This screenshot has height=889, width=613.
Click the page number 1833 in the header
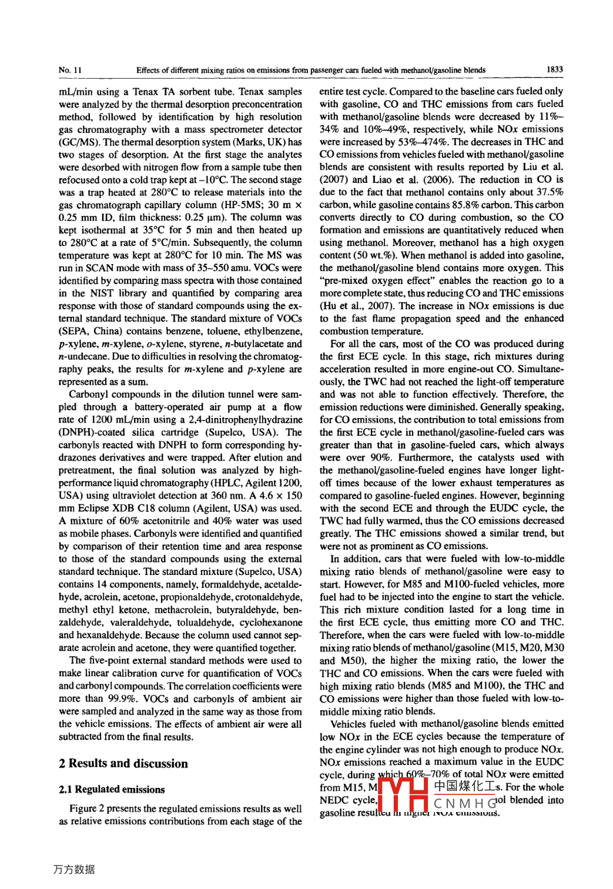[x=554, y=69]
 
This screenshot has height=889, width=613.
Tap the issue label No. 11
[x=70, y=70]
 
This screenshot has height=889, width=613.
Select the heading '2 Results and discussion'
[x=123, y=763]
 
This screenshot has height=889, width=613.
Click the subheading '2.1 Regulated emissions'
[x=112, y=789]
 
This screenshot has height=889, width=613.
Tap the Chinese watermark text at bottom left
[x=73, y=869]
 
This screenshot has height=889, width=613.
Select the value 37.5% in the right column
[x=550, y=192]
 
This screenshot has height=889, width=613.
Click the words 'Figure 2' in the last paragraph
[x=87, y=808]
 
